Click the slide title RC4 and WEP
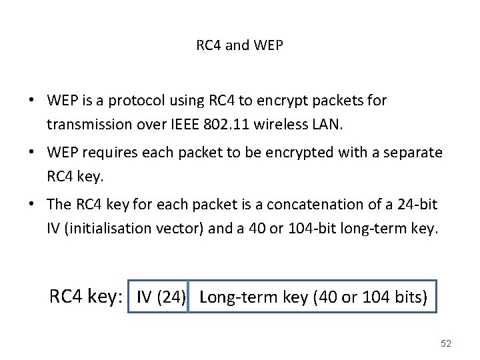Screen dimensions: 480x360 click(239, 45)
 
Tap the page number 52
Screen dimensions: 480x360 click(446, 343)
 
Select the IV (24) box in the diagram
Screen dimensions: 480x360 click(161, 297)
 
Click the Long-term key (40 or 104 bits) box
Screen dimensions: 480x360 click(313, 297)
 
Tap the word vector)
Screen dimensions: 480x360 click(182, 228)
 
